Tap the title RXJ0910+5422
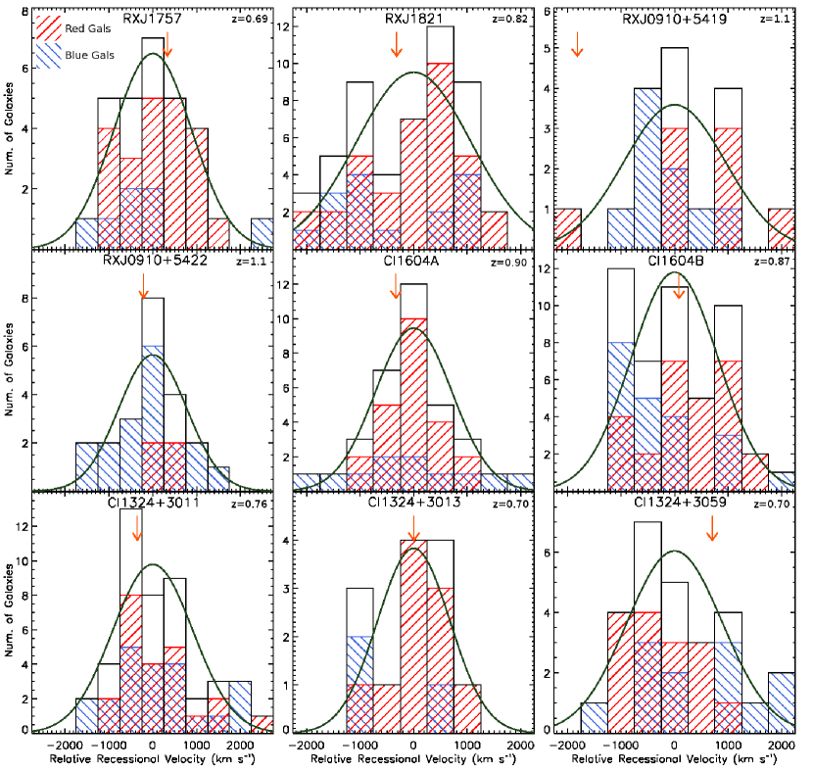pyautogui.click(x=149, y=260)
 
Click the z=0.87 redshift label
pyautogui.click(x=780, y=262)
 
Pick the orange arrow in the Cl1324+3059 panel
pyautogui.click(x=712, y=527)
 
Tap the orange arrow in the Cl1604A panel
pyautogui.click(x=396, y=287)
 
